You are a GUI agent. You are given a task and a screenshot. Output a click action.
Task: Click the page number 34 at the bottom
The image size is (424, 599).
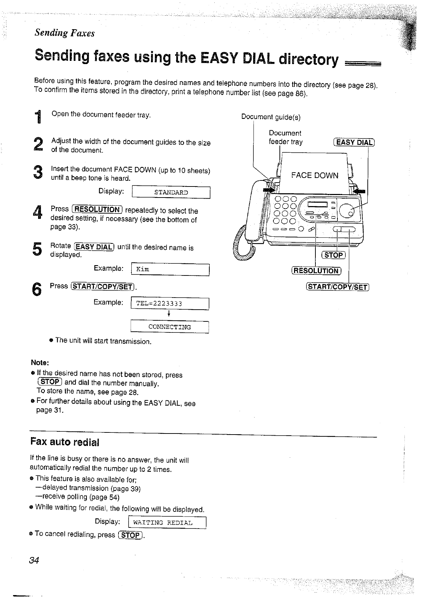click(x=34, y=560)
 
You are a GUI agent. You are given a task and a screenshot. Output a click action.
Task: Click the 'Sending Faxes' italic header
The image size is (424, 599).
click(x=64, y=33)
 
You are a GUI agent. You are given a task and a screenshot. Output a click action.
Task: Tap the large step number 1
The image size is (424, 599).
click(x=38, y=117)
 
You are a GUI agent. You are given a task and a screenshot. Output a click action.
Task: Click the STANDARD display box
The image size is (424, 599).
click(x=171, y=193)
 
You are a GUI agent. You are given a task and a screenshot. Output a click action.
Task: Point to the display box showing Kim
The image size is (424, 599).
click(x=170, y=269)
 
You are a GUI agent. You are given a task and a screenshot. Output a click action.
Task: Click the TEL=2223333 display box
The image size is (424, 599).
click(x=170, y=304)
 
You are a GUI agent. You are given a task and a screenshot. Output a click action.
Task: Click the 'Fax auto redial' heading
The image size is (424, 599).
click(x=64, y=442)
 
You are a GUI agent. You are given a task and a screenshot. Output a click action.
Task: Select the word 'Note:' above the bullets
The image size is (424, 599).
click(x=40, y=363)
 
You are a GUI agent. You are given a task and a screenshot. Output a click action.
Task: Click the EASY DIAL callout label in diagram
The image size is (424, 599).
click(x=354, y=142)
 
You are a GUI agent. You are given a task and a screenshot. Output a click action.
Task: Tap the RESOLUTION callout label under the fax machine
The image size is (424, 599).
click(x=316, y=271)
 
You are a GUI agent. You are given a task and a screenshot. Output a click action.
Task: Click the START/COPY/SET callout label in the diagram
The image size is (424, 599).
click(x=338, y=287)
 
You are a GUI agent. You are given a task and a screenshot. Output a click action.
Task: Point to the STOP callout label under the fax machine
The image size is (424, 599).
click(x=334, y=255)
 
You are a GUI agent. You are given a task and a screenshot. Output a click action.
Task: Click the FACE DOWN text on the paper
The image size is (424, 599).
click(x=315, y=175)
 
